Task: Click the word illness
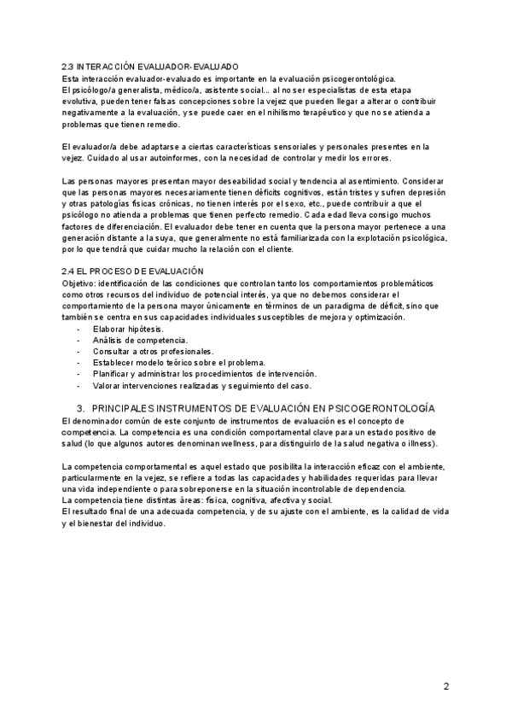coord(421,445)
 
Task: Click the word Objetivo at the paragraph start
coord(79,282)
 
